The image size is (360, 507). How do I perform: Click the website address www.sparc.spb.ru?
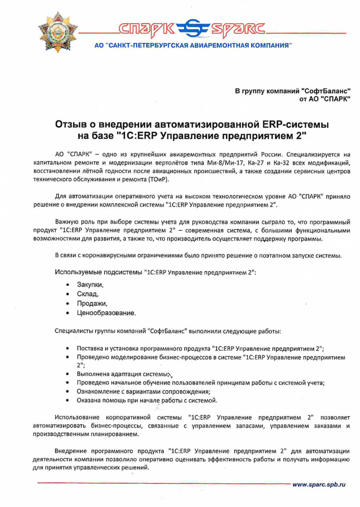coord(319,484)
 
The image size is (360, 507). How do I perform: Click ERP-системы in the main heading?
coord(296,124)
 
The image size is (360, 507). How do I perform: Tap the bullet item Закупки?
coord(90,285)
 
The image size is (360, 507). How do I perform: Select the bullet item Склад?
coord(88,294)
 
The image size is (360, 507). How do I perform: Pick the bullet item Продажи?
coord(92,303)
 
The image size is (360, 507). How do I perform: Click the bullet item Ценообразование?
coord(106,313)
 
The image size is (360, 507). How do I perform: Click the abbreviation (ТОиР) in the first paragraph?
coord(159,179)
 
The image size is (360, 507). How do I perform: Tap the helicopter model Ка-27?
coord(255,163)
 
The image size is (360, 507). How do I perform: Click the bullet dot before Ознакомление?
coord(67,391)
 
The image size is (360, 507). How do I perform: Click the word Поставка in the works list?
coord(90,349)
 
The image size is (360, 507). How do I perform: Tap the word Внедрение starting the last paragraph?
coord(71,451)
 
